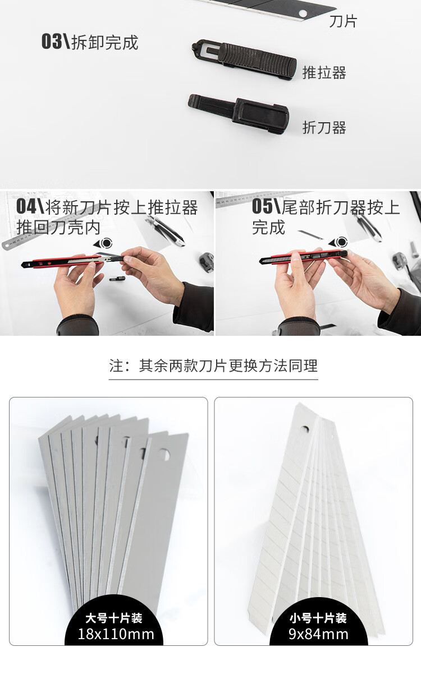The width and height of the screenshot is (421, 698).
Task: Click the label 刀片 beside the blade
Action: [343, 21]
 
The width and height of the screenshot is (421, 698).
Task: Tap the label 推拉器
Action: [324, 73]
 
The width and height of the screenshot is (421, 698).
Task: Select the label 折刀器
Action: [324, 127]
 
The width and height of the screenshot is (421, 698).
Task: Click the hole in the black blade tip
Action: [303, 13]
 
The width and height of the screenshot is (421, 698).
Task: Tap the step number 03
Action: [52, 41]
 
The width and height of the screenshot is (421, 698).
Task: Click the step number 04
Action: [26, 206]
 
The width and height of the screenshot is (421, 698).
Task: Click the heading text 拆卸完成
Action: [105, 42]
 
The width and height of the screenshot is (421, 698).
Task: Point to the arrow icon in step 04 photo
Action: [103, 243]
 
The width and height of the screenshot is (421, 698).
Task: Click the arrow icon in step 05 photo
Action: [338, 242]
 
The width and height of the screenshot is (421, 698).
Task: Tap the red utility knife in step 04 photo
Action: [62, 262]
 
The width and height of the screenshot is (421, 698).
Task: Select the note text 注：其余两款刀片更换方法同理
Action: [213, 366]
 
